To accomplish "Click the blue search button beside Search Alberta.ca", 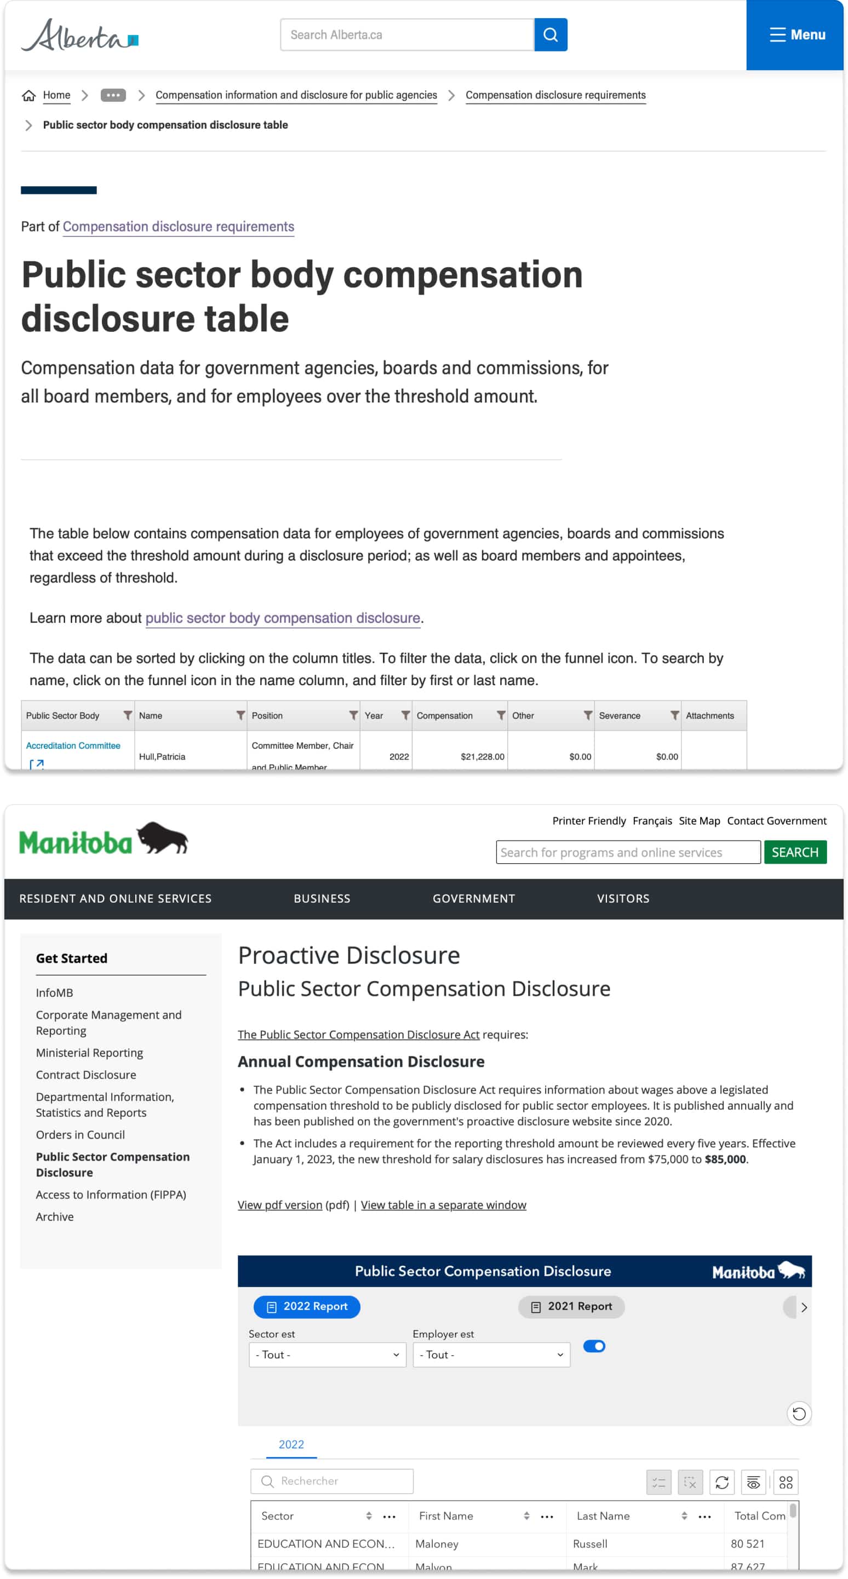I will pyautogui.click(x=550, y=35).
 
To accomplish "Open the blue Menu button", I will pyautogui.click(x=797, y=35).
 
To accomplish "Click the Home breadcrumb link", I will pyautogui.click(x=56, y=95).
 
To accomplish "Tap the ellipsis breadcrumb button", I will pyautogui.click(x=113, y=95).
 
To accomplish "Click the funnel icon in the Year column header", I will pyautogui.click(x=405, y=715).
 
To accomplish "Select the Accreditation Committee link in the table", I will pyautogui.click(x=73, y=745).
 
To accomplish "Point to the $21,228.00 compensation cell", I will pyautogui.click(x=482, y=756).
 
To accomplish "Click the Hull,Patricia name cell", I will pyautogui.click(x=162, y=756).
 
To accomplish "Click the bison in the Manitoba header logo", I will pyautogui.click(x=163, y=837).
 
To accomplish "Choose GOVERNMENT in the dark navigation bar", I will pyautogui.click(x=473, y=898).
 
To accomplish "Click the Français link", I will pyautogui.click(x=652, y=821).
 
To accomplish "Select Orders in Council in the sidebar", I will pyautogui.click(x=81, y=1135).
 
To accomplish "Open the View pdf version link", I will pyautogui.click(x=279, y=1204).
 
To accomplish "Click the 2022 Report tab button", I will pyautogui.click(x=307, y=1306).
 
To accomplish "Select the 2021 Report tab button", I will pyautogui.click(x=571, y=1306).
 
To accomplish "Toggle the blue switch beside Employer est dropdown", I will pyautogui.click(x=593, y=1346).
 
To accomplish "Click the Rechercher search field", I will pyautogui.click(x=332, y=1481).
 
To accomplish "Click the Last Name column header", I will pyautogui.click(x=603, y=1516).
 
